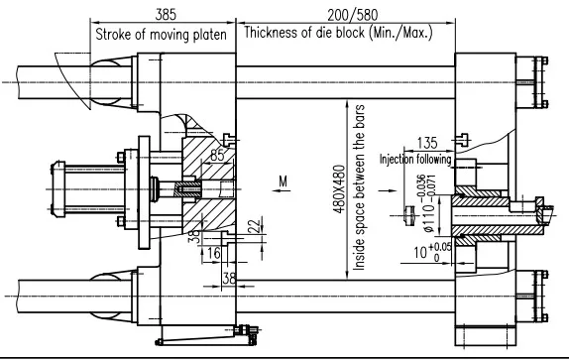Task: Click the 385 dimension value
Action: [x=165, y=14]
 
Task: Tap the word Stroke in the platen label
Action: [x=116, y=35]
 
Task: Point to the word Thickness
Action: [x=273, y=35]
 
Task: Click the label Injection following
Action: [x=414, y=158]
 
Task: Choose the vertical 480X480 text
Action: [x=338, y=183]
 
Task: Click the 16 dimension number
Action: [x=214, y=255]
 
